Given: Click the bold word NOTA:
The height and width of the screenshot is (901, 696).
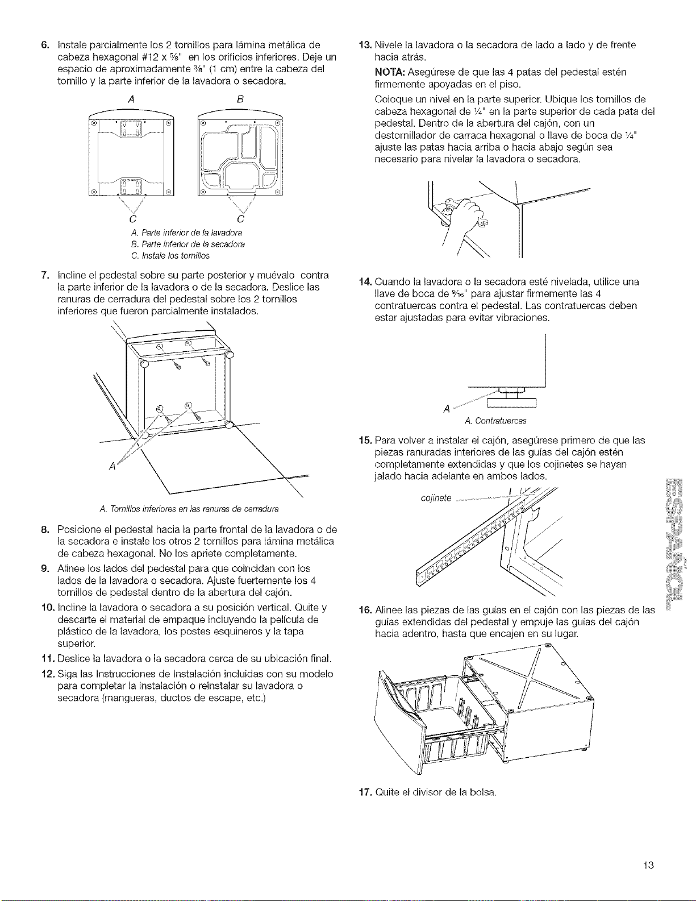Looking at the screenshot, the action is point(389,72).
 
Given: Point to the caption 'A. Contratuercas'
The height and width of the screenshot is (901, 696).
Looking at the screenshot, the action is point(495,421).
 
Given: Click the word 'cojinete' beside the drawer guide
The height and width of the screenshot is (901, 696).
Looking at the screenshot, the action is point(436,498).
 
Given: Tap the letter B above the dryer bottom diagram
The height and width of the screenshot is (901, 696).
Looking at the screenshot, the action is point(240,99).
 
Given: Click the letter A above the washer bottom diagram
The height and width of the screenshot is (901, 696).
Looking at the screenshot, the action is point(131,99).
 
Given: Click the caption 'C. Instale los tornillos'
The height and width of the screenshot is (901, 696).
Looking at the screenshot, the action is point(170,256).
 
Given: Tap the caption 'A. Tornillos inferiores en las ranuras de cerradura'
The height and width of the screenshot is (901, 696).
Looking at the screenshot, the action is point(189,509).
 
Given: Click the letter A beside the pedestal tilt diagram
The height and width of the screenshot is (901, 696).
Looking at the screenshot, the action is point(111,466).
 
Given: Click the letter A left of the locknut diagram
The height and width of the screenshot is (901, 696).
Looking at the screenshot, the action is point(447,409).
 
